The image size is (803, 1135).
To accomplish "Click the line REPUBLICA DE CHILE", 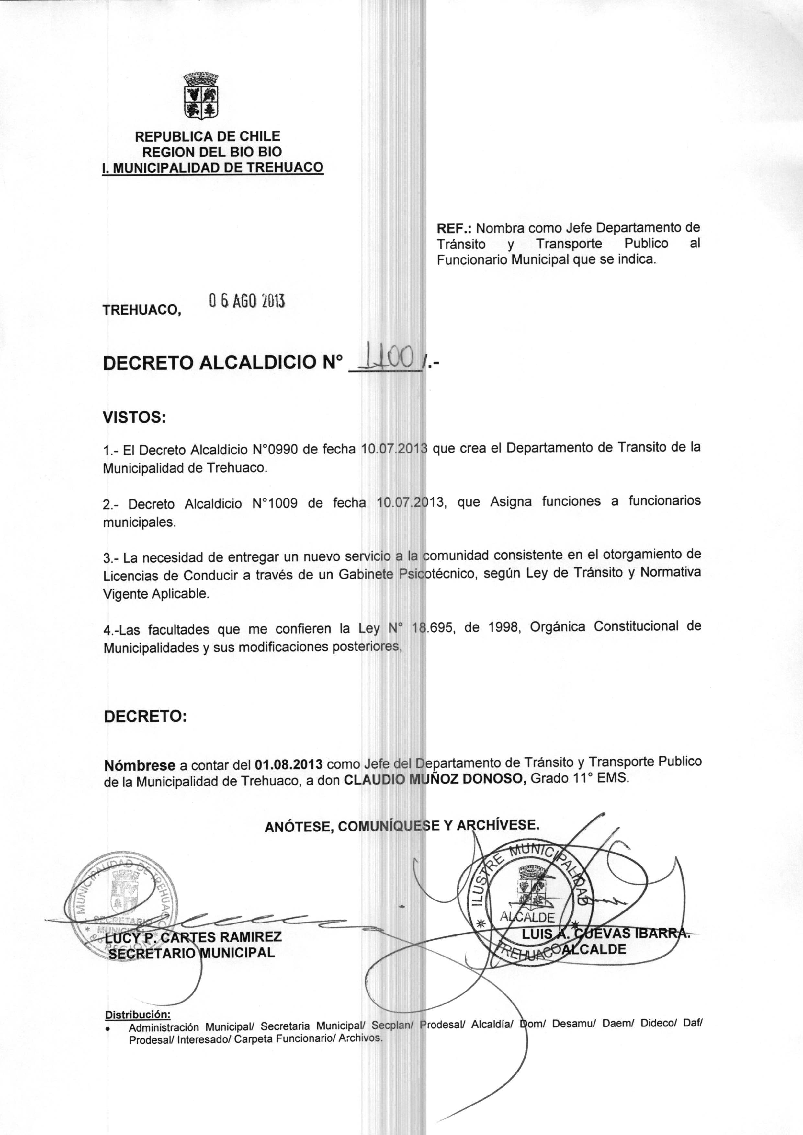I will click(208, 136).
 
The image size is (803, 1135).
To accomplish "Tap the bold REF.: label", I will click(454, 228).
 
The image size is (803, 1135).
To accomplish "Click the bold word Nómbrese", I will click(140, 765).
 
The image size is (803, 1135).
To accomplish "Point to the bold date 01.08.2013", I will click(289, 764).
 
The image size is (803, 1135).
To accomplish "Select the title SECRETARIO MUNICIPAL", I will click(191, 953).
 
